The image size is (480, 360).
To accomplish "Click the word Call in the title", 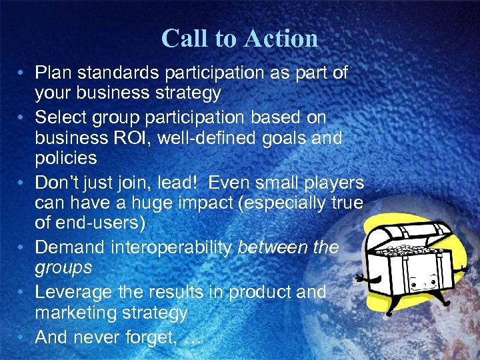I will [x=183, y=39].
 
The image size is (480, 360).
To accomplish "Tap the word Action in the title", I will [x=280, y=39].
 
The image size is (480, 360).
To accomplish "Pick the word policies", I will [x=66, y=159].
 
